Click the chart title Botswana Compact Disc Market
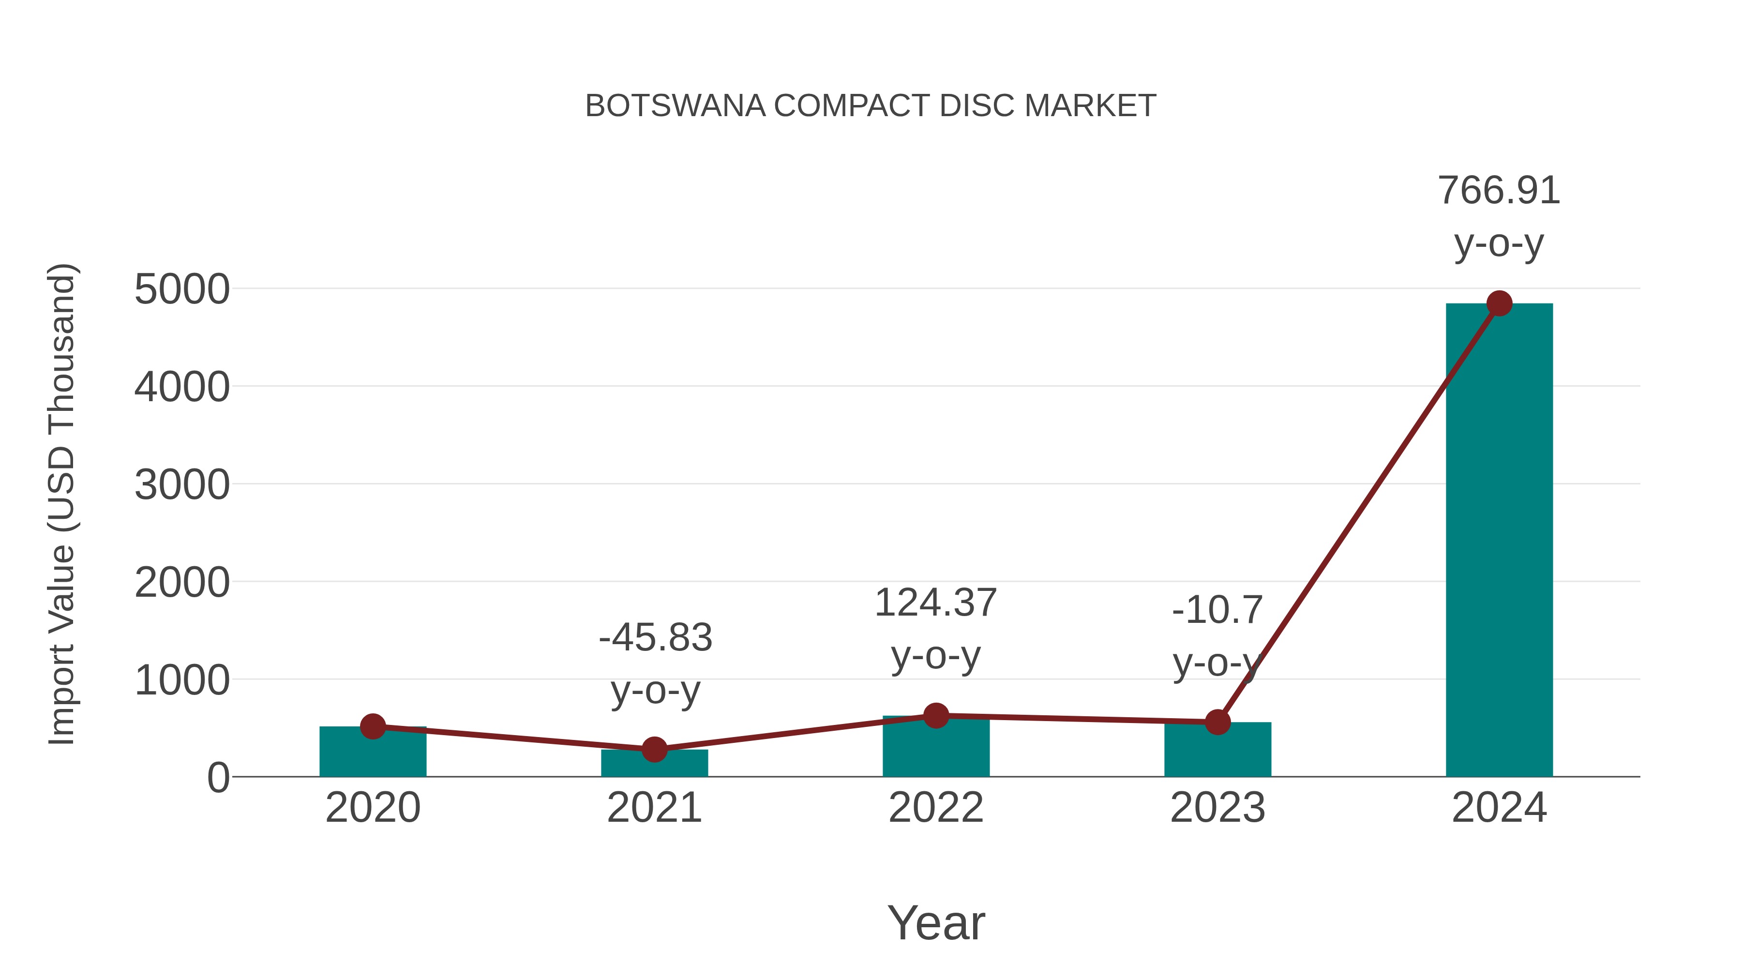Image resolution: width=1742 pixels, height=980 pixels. (x=871, y=106)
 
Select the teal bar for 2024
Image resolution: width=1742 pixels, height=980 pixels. (x=1499, y=541)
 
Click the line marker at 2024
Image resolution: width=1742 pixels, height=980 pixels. (x=1499, y=303)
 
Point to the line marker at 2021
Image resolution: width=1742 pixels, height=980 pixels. (x=654, y=749)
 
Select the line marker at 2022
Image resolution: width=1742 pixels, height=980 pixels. (x=936, y=716)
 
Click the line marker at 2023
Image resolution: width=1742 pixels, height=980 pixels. (x=1217, y=723)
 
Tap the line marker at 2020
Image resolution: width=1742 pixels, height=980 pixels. (x=373, y=727)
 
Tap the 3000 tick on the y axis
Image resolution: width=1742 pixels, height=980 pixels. (x=182, y=485)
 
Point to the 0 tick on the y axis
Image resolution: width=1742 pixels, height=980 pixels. (x=218, y=778)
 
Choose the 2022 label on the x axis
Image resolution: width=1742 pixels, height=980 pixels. (x=936, y=808)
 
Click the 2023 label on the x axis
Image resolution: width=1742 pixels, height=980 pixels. (x=1217, y=808)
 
